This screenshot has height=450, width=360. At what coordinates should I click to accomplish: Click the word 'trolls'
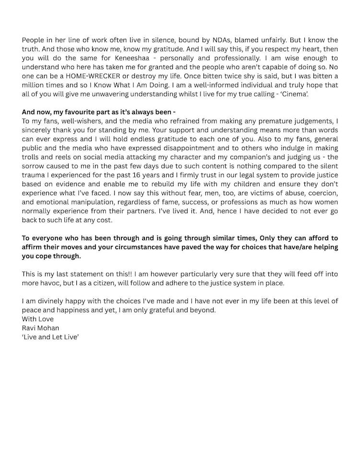pyautogui.click(x=32, y=157)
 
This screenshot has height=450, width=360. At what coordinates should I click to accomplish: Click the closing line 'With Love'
pyautogui.click(x=38, y=319)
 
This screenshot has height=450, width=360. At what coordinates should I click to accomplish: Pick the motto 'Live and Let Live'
pyautogui.click(x=50, y=337)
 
